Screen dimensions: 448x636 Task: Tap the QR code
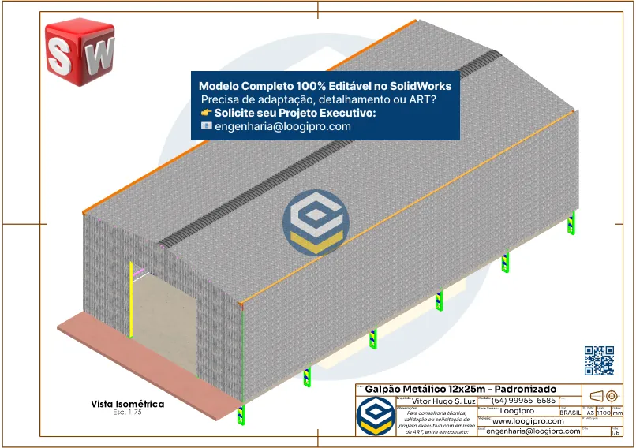tap(599, 360)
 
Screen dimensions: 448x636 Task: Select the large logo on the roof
tap(316, 222)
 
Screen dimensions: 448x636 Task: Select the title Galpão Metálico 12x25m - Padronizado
tap(461, 389)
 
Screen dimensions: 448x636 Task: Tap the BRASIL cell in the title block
tap(571, 413)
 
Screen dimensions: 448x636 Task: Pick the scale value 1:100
tap(604, 413)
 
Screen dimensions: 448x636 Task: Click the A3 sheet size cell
tap(589, 413)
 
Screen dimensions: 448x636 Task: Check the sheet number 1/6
tap(615, 431)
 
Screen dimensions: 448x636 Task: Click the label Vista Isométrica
tap(128, 404)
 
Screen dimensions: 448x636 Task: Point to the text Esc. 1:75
tap(127, 413)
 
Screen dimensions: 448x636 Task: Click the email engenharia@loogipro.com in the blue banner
tap(282, 126)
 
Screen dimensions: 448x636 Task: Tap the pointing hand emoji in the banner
tap(207, 113)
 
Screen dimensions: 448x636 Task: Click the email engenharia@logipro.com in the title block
tap(533, 431)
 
